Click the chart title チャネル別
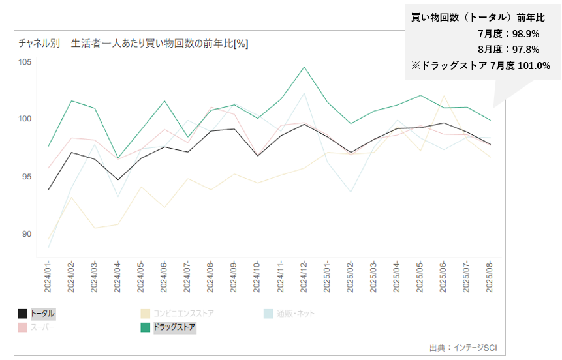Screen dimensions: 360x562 tap(39, 44)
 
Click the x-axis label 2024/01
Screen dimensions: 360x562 tap(49, 277)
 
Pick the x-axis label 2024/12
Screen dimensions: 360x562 tap(304, 277)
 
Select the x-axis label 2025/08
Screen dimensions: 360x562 tap(490, 277)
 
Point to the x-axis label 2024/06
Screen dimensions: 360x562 tap(164, 277)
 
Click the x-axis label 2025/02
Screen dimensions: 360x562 tap(351, 277)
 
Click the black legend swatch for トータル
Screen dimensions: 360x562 tap(23, 314)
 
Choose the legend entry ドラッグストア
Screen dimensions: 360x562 tap(174, 327)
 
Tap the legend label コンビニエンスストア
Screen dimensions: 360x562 tap(183, 314)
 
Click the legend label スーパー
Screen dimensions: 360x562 tap(43, 327)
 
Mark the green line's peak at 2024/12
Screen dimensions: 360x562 tap(304, 67)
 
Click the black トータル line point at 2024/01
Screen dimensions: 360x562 tap(49, 190)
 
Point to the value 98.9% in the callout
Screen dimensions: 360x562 tap(526, 34)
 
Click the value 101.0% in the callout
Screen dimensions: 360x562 tap(534, 65)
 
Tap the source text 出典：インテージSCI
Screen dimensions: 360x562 tap(458, 348)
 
